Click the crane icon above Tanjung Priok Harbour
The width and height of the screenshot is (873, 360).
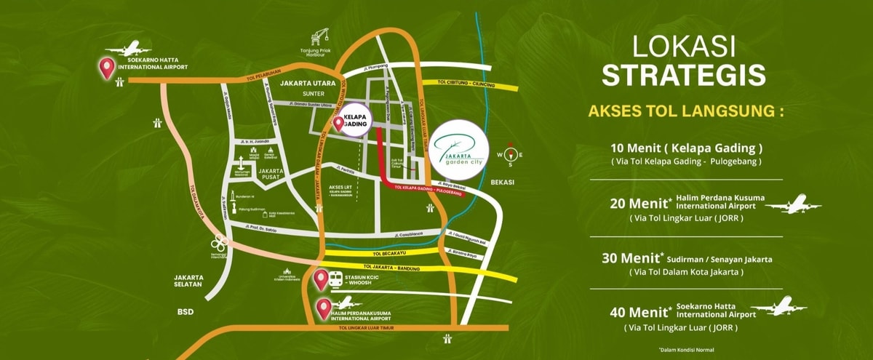(317, 36)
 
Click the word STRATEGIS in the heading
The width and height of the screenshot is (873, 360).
(683, 75)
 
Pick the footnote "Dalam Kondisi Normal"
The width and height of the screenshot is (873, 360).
(686, 350)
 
